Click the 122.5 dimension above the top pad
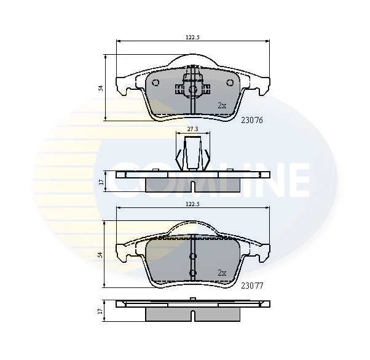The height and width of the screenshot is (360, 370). pos(193,38)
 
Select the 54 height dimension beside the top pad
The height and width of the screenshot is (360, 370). pos(101,88)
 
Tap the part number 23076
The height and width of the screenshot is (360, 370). pos(251,121)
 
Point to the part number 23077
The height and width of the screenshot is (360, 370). pos(251,285)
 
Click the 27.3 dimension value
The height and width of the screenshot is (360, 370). pos(192,129)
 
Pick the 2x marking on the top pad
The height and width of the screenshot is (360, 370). pos(222,106)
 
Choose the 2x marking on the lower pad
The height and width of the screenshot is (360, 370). pos(222,271)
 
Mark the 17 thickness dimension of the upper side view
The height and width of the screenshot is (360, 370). pos(101,182)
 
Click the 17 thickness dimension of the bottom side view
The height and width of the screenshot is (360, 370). pos(101,311)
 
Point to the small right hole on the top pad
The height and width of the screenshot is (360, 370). pos(230,83)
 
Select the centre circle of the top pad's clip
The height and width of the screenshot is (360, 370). pos(192,90)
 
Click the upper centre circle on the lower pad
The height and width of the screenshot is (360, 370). pos(192,257)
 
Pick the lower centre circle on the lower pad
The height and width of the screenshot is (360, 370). pos(192,272)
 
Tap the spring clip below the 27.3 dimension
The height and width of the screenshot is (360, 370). pos(192,154)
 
